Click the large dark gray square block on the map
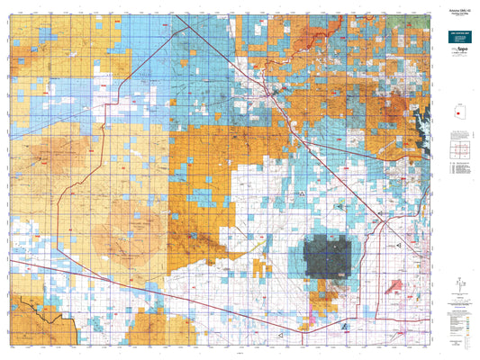pyautogui.click(x=328, y=255)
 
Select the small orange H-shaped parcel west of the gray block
pyautogui.click(x=261, y=267)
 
